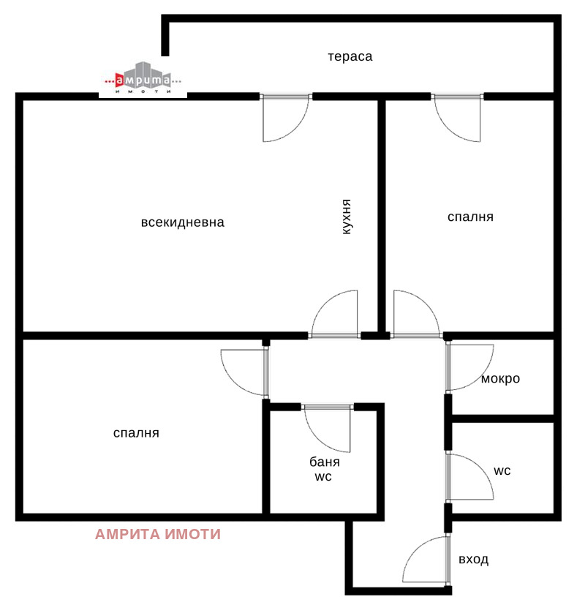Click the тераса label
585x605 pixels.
coord(350,57)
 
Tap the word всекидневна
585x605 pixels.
coord(182,222)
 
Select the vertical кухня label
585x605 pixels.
coord(347,217)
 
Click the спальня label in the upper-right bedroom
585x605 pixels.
coord(470,217)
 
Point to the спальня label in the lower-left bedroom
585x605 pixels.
coord(136,433)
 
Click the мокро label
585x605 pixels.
coord(501,379)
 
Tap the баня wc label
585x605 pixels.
coord(325,469)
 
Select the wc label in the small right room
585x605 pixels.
coord(502,470)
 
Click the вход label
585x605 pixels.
coord(474,560)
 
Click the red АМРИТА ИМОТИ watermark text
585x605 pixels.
coord(158,534)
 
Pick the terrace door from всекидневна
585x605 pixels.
coord(285,117)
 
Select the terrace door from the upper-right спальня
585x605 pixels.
coord(457,117)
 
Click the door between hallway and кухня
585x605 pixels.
coord(335,315)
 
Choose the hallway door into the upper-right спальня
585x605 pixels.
coord(417,315)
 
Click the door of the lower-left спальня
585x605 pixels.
coord(244,372)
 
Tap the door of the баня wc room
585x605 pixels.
coord(327,428)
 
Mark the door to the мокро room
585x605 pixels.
coord(469,367)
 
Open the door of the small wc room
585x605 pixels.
coord(469,478)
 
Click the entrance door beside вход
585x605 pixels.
coord(426,560)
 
